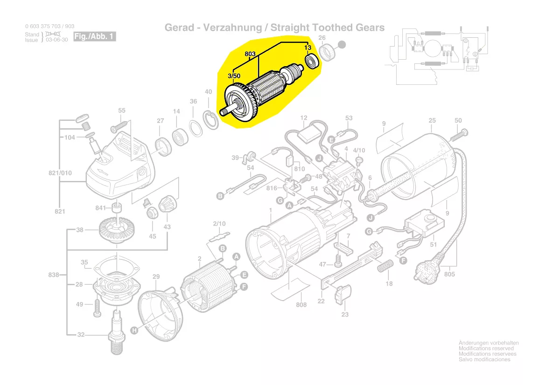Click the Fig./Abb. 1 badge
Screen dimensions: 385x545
(94, 36)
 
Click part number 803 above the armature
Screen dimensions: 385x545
(251, 55)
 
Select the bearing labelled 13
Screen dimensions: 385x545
(311, 61)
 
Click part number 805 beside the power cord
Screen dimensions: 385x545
(449, 274)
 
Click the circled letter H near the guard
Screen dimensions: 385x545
(134, 330)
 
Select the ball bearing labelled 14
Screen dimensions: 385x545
(180, 137)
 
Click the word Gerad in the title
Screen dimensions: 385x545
(178, 27)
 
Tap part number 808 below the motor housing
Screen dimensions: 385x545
(301, 305)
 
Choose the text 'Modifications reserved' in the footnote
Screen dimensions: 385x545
(486, 348)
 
